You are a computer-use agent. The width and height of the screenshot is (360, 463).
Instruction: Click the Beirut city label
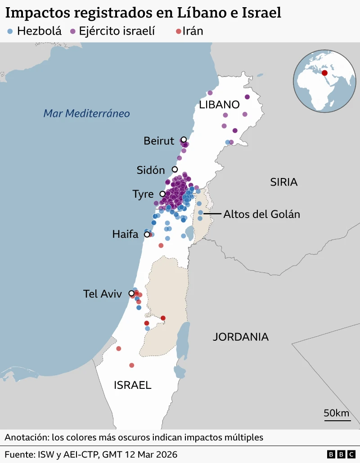coord(158,141)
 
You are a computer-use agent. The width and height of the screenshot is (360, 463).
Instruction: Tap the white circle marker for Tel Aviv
coord(131,294)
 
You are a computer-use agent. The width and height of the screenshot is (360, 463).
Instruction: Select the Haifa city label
coord(125,234)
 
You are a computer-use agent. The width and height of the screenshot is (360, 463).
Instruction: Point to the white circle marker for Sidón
coord(175,169)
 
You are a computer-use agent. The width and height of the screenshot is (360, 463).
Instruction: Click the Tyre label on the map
coord(143,194)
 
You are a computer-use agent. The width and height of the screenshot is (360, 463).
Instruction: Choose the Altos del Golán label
coord(261,214)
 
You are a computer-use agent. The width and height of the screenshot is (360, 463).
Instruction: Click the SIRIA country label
coord(284,182)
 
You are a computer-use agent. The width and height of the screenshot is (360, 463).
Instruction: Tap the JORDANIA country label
coord(241,337)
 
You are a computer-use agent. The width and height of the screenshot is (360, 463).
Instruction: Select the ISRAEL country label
coord(132,385)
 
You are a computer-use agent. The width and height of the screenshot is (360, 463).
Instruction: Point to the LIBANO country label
coord(219,105)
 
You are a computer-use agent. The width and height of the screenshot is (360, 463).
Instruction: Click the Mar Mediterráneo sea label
coord(86,113)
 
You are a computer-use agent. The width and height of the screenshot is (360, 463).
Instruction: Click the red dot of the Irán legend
coord(178,31)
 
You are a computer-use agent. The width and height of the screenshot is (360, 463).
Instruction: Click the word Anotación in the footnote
coord(26,437)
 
